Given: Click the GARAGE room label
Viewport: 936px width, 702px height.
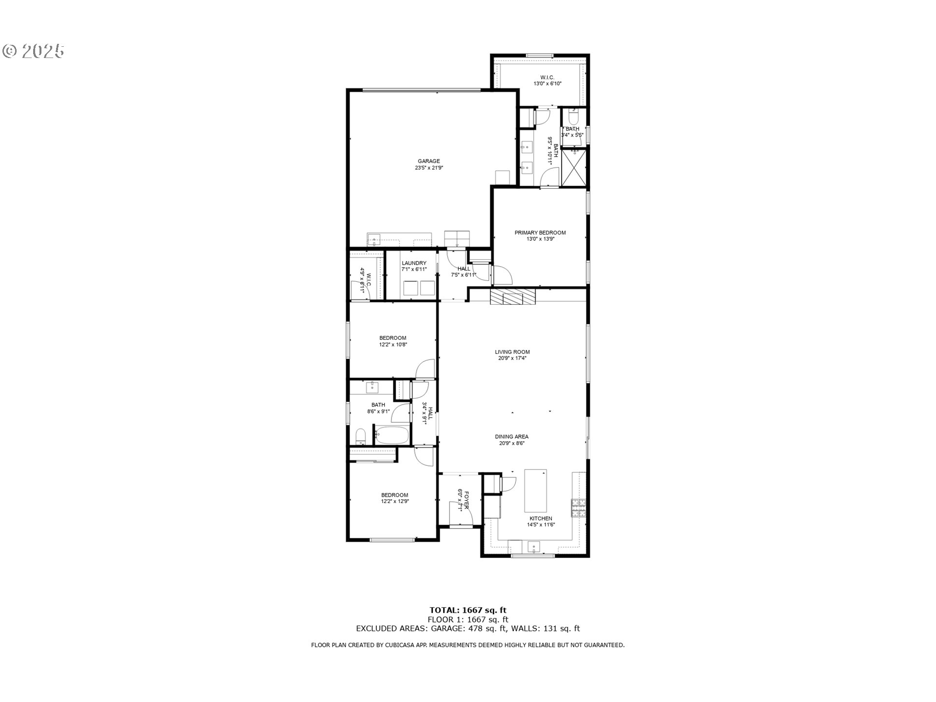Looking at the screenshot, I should pos(429,161).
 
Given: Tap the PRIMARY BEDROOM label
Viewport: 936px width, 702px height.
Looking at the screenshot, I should pos(540,233).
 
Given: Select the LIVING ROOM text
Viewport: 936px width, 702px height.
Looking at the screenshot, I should pos(512,352).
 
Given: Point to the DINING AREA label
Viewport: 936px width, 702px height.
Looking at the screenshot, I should pos(511,437).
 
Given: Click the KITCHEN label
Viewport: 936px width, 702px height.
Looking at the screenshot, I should pos(541,518).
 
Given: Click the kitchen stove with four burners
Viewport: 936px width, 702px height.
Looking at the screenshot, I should pos(578,508).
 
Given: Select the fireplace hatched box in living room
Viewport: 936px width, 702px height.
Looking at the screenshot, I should pos(512,296).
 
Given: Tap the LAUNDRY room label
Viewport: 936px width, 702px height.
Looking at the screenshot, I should pos(414,263).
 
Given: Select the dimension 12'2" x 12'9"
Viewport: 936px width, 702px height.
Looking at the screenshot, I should pos(395,501).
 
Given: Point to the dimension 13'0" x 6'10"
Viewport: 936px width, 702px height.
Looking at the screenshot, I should pos(547,84).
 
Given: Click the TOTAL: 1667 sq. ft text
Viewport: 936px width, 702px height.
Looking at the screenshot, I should pos(468,610).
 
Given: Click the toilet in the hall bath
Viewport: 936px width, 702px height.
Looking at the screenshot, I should pos(361,436).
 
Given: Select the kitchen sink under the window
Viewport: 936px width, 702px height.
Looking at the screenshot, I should pos(535,546).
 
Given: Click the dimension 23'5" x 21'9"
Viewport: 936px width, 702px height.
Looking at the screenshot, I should pos(429,168).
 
